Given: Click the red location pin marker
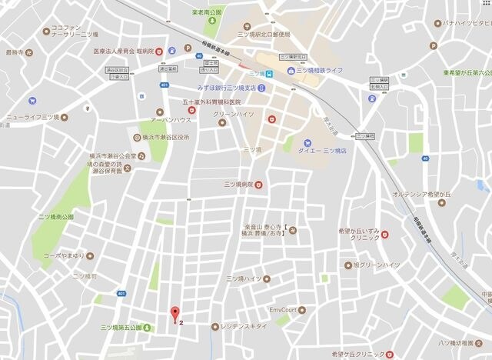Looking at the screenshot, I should click(175, 313).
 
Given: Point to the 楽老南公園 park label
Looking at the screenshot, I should click(206, 13).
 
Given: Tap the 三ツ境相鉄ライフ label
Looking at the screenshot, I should click(321, 70).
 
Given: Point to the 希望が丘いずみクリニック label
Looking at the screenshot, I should click(361, 235).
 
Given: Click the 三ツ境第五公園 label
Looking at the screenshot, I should click(120, 327).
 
